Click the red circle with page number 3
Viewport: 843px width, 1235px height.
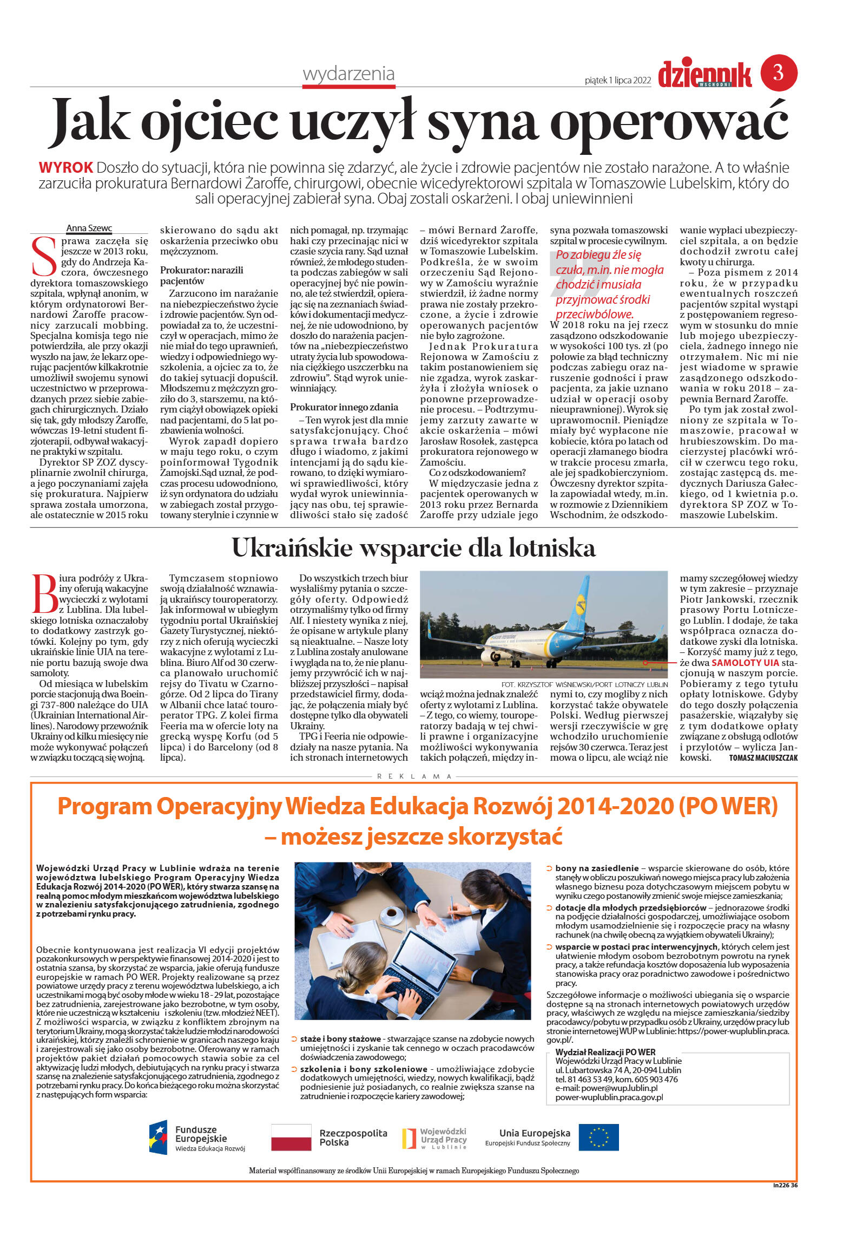[779, 73]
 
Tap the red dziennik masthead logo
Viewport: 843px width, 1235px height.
[704, 75]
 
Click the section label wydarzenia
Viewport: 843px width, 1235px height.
[348, 74]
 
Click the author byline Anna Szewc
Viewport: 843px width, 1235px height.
[89, 228]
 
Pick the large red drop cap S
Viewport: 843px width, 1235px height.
[44, 256]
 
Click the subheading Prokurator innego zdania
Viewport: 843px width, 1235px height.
[344, 407]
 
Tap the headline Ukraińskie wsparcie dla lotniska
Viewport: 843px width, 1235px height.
[413, 548]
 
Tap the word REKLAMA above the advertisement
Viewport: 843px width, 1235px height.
[414, 776]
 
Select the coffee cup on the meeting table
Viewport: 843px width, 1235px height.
[391, 915]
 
